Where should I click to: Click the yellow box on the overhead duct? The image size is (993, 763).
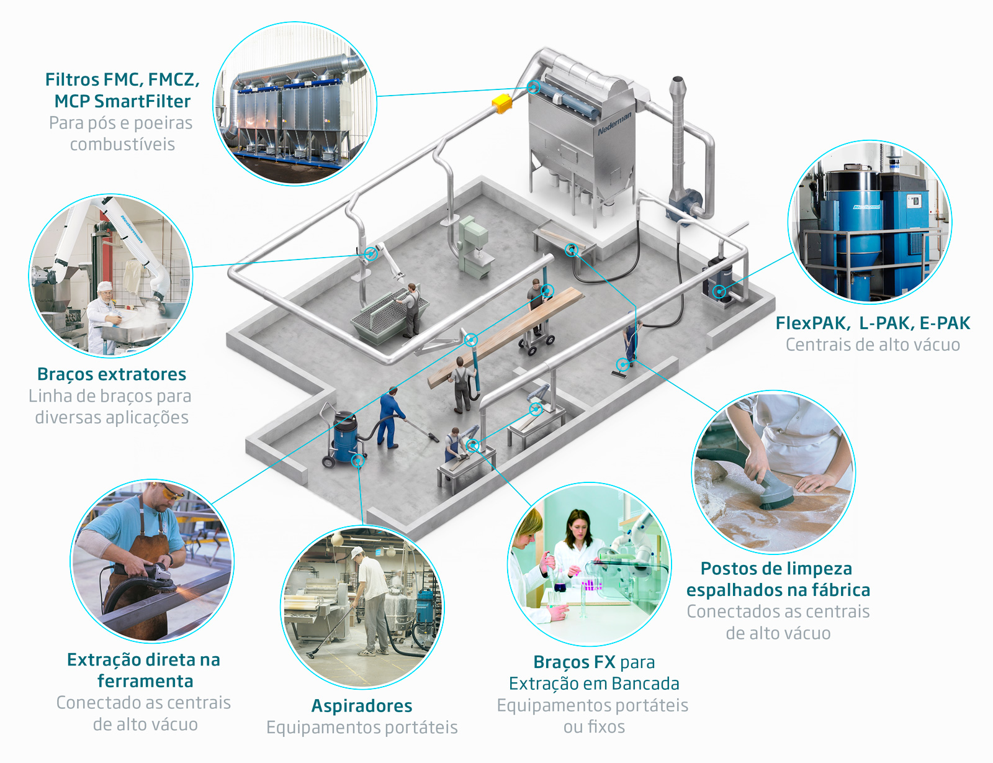coord(501,103)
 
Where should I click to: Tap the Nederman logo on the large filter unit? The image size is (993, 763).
coord(614,124)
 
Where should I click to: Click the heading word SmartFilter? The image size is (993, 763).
coord(142,101)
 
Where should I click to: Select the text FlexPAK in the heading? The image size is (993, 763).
coord(812,323)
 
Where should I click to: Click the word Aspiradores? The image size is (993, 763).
coord(361,706)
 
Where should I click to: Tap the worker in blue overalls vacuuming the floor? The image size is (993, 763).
coord(390,417)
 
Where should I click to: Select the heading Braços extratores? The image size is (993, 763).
coord(112,374)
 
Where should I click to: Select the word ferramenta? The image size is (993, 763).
coord(145,681)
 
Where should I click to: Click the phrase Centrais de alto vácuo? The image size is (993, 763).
coord(873,345)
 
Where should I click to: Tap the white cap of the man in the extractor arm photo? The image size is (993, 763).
coord(105,287)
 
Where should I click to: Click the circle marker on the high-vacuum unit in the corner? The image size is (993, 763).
coord(719,291)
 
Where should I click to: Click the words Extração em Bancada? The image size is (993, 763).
coord(594,684)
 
